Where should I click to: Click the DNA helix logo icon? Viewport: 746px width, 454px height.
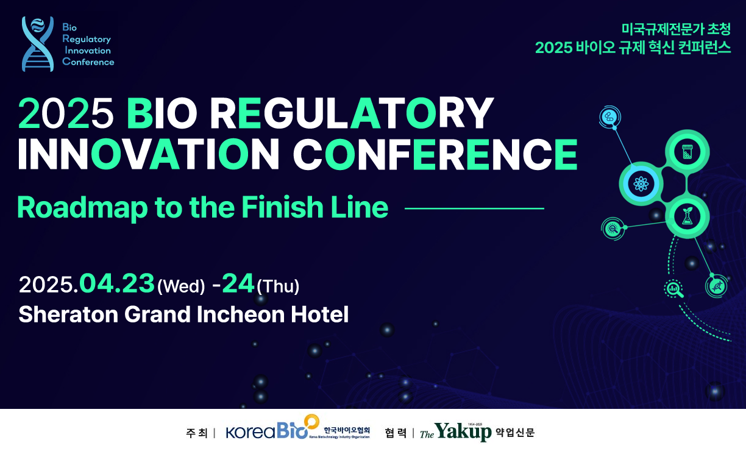point(38,44)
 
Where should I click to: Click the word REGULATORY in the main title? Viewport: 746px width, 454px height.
point(352,113)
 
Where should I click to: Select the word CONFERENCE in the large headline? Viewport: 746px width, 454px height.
point(435,154)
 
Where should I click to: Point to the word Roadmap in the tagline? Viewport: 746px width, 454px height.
point(82,208)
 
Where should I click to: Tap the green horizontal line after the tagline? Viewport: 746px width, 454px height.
point(474,208)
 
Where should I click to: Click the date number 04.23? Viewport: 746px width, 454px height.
point(117,283)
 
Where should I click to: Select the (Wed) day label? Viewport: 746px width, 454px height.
point(181,286)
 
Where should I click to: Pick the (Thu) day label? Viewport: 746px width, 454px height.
point(278,286)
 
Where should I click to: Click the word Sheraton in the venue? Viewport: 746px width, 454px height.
point(68,314)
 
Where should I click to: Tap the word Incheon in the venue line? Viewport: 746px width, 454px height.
point(241,314)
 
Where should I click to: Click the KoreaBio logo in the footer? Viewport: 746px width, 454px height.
point(298,428)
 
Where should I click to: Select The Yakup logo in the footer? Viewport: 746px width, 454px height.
point(456,432)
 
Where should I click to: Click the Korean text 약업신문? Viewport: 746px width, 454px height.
point(515,432)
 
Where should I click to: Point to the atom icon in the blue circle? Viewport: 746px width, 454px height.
point(641,184)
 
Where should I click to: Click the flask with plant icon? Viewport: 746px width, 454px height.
point(687,216)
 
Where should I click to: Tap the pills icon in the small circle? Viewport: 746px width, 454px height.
point(609,117)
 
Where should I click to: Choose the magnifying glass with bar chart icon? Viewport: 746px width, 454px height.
point(674,289)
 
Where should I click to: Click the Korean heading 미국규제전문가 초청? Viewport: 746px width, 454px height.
point(676,29)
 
